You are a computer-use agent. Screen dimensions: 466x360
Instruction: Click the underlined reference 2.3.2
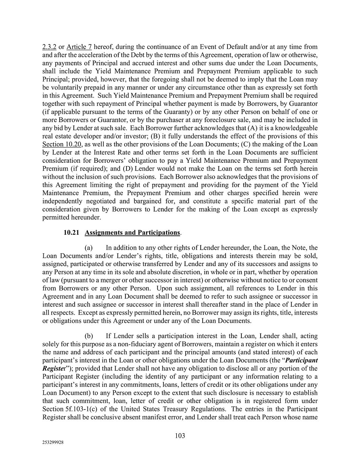point(49,47)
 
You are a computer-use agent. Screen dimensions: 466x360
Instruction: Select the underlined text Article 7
point(79,47)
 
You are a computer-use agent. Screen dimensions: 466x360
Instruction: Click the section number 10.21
point(71,233)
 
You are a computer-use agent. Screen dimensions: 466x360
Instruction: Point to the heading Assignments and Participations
point(132,233)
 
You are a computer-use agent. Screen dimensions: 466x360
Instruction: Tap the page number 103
point(180,436)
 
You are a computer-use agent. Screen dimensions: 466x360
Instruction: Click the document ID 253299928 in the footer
point(53,443)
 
